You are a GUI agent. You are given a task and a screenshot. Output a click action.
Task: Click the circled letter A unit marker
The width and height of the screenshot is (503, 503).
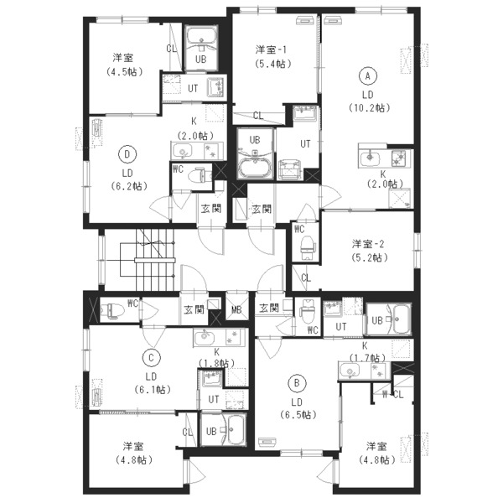pyautogui.click(x=368, y=76)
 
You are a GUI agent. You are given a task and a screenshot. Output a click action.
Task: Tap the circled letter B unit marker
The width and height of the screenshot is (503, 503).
pyautogui.click(x=297, y=383)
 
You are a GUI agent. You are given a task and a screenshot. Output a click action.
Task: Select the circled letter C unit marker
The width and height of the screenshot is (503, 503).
pyautogui.click(x=151, y=358)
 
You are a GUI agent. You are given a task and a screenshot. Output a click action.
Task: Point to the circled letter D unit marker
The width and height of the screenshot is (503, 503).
pyautogui.click(x=127, y=154)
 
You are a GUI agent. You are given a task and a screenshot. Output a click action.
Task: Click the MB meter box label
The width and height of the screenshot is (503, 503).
pyautogui.click(x=236, y=310)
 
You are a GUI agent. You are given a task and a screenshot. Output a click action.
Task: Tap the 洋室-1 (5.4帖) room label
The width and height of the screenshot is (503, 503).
pyautogui.click(x=273, y=57)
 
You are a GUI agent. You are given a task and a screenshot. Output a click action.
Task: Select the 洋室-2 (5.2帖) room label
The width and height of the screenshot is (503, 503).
pyautogui.click(x=369, y=251)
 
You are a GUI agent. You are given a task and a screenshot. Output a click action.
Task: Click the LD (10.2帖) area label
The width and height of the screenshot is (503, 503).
pyautogui.click(x=369, y=101)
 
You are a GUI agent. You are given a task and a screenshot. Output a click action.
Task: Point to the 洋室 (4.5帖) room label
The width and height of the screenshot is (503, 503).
pyautogui.click(x=124, y=65)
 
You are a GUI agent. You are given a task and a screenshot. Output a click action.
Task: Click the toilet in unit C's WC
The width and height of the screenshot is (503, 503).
pyautogui.click(x=112, y=310)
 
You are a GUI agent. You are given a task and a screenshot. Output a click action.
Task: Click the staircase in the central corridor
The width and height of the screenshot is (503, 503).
pyautogui.click(x=148, y=259)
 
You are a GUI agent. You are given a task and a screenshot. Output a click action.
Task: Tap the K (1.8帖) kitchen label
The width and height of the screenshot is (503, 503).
pyautogui.click(x=217, y=357)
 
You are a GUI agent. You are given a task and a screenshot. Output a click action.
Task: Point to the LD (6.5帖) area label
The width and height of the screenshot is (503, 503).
pyautogui.click(x=298, y=408)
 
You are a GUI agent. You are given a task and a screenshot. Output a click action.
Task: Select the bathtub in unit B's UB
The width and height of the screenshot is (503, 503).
pyautogui.click(x=401, y=320)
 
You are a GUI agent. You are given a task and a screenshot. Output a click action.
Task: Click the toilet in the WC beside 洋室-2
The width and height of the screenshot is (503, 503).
pyautogui.click(x=308, y=247)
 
